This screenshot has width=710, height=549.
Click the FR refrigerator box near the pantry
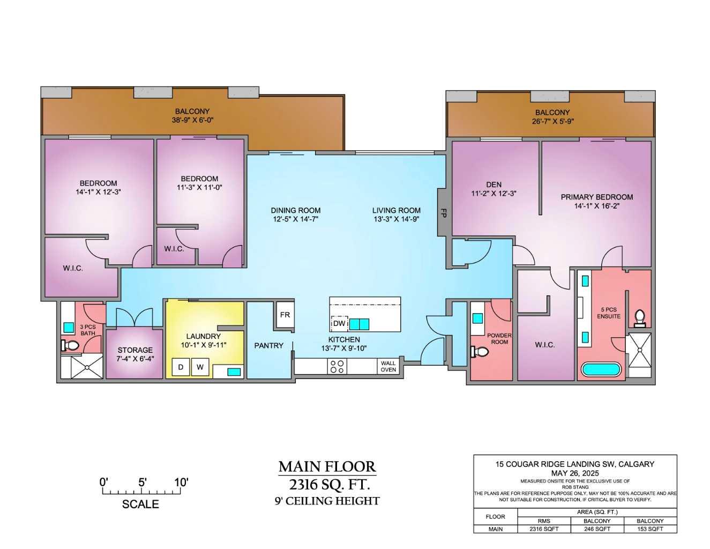[285, 315]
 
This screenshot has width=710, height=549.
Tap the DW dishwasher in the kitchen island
[339, 324]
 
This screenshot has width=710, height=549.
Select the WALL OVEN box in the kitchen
[388, 367]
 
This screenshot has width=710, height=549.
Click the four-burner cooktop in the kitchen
[338, 367]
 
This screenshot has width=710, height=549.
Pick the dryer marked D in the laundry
[181, 367]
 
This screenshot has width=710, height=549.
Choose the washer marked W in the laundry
[200, 367]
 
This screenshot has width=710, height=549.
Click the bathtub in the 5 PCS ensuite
[601, 369]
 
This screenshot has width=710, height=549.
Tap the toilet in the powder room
[480, 352]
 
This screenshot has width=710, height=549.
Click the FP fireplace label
[443, 212]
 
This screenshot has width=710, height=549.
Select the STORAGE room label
[135, 350]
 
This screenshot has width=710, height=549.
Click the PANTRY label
[268, 346]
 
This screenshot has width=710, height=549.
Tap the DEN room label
[494, 184]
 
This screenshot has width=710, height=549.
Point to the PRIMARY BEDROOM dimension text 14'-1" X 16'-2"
[596, 206]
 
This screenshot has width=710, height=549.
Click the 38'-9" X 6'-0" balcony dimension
[192, 120]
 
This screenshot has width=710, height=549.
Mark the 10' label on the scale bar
[181, 482]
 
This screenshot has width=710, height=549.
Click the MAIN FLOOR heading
[327, 466]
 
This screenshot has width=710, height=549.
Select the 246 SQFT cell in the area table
[597, 529]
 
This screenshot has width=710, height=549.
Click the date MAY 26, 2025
[575, 473]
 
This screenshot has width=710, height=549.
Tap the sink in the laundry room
[233, 371]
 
